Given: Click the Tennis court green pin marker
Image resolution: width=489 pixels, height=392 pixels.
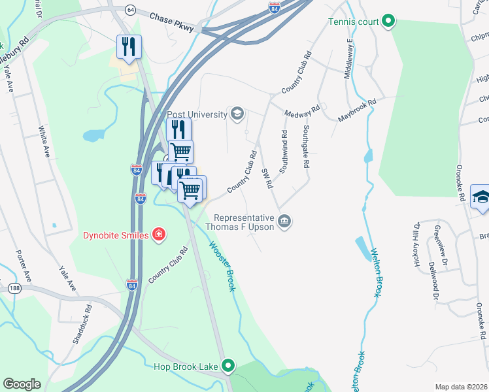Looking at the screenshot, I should click(x=388, y=22).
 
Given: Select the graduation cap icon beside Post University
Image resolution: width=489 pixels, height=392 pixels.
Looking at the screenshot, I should click(x=237, y=115).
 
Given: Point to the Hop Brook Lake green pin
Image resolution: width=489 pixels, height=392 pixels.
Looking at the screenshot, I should click(x=228, y=367).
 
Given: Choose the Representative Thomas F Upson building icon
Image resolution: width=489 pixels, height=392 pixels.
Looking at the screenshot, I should click(x=284, y=221).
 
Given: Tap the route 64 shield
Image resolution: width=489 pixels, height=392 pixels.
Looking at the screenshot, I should click(x=130, y=10).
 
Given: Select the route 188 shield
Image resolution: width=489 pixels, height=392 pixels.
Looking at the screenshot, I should click(x=13, y=287).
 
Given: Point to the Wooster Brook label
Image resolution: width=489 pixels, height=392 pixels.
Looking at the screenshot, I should click(x=222, y=267).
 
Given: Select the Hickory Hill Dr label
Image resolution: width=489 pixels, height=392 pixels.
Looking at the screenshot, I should click(x=416, y=244).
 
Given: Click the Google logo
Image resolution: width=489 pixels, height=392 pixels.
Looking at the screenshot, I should click(x=22, y=384).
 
